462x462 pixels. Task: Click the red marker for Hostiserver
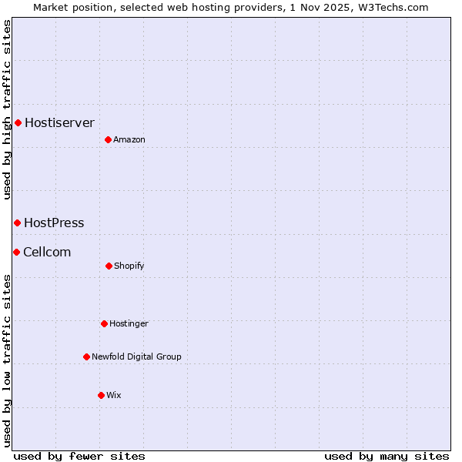tap(18, 122)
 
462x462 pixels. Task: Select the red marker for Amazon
tap(109, 139)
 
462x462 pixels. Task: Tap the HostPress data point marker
tap(17, 223)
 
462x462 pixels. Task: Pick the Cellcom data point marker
tap(16, 252)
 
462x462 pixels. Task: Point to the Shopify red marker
tap(109, 266)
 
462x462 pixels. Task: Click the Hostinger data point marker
tap(104, 323)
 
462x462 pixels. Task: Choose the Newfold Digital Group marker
tap(86, 357)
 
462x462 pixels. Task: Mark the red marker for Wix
tap(101, 395)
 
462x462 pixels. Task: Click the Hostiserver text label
tap(59, 122)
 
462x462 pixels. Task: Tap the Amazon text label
tap(129, 139)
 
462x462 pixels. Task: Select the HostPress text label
tap(54, 223)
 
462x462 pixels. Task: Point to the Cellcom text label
tap(47, 252)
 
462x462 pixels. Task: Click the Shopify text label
tap(129, 266)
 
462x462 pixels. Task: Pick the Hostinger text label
tap(129, 323)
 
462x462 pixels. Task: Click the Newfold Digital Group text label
tap(136, 357)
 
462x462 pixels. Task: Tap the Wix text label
tap(114, 395)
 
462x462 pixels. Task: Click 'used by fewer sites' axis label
tap(79, 456)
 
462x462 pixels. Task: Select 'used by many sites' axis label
tap(387, 456)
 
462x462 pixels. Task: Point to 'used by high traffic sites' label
tap(7, 109)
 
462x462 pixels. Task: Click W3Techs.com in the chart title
tap(391, 7)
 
